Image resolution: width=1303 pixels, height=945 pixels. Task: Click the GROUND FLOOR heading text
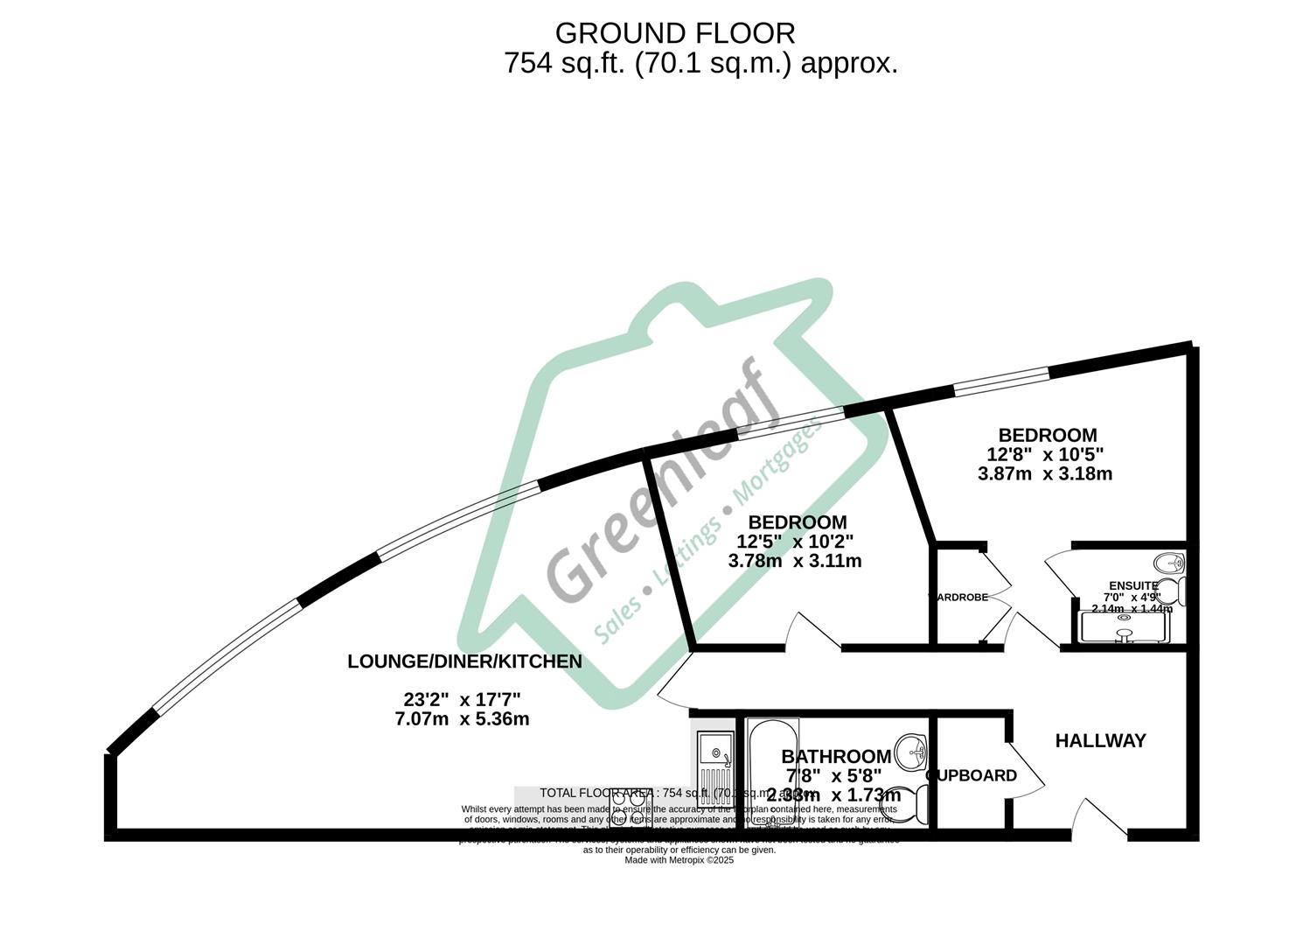(x=675, y=33)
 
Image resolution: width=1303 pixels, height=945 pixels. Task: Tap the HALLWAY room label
(x=1100, y=741)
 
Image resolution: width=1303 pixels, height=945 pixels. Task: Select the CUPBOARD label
(x=972, y=776)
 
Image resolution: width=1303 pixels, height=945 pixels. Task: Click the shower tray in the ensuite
(x=1124, y=626)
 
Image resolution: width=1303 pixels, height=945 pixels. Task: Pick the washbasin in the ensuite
(x=1167, y=563)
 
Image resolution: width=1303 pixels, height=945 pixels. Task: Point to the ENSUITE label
(x=1132, y=586)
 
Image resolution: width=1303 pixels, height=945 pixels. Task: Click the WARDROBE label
(x=958, y=598)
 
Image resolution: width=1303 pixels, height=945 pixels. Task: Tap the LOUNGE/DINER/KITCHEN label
(x=464, y=661)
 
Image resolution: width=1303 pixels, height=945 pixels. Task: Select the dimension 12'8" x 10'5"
(x=1045, y=455)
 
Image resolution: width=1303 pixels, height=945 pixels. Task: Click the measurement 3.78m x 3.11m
(x=794, y=561)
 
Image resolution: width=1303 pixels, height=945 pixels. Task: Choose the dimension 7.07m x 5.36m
(x=462, y=719)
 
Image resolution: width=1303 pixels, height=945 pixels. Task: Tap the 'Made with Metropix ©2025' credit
(x=679, y=860)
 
